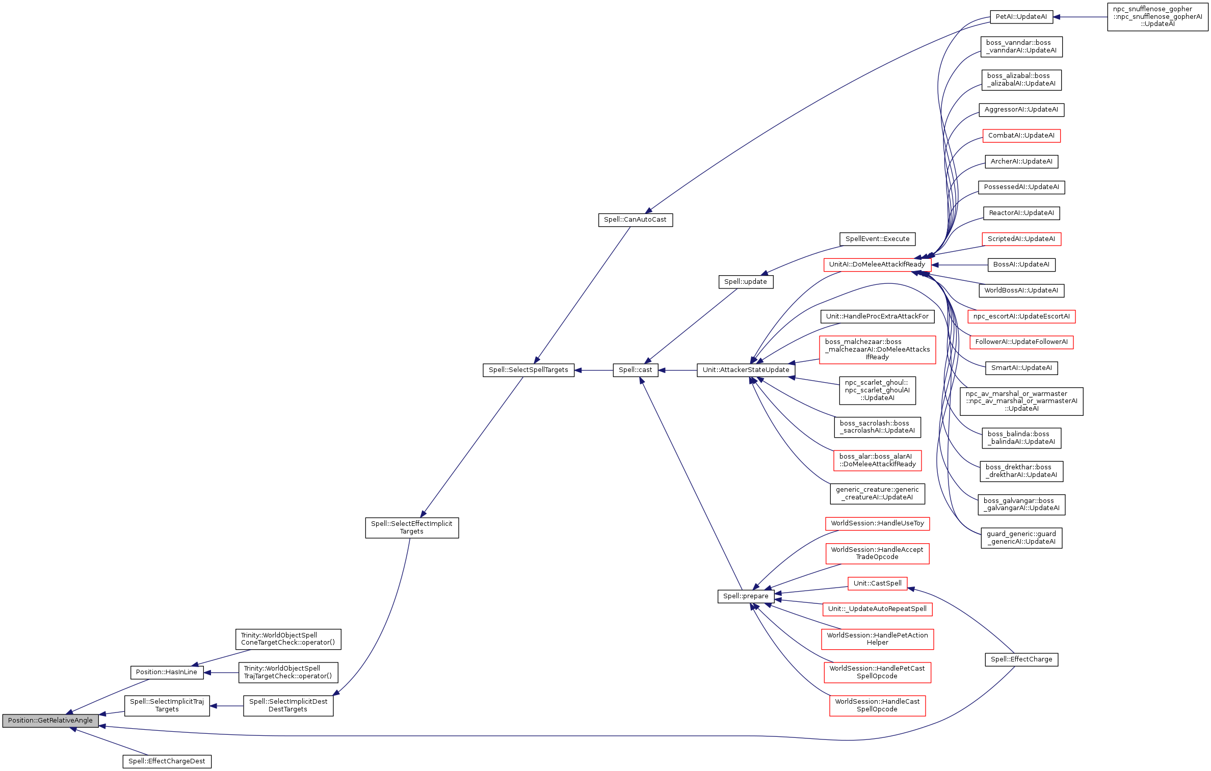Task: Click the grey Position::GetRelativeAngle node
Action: pyautogui.click(x=50, y=721)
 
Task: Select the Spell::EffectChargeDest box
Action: pyautogui.click(x=167, y=761)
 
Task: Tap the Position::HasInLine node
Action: pyautogui.click(x=167, y=672)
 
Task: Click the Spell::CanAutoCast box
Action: pyautogui.click(x=635, y=220)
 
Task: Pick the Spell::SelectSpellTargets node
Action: pyautogui.click(x=528, y=370)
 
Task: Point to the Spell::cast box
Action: pyautogui.click(x=635, y=370)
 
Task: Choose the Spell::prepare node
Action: pyautogui.click(x=746, y=596)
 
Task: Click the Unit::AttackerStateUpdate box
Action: pyautogui.click(x=746, y=370)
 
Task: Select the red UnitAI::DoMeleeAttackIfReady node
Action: pyautogui.click(x=877, y=264)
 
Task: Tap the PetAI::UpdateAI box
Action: pyautogui.click(x=1021, y=17)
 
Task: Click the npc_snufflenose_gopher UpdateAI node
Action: pyautogui.click(x=1157, y=17)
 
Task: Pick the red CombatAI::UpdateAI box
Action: pyautogui.click(x=1021, y=136)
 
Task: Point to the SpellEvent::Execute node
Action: pyautogui.click(x=877, y=239)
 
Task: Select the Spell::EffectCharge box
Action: pyautogui.click(x=1021, y=659)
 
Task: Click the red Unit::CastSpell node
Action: pyautogui.click(x=877, y=583)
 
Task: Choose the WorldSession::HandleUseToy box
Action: pyautogui.click(x=877, y=523)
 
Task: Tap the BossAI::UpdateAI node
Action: pyautogui.click(x=1021, y=264)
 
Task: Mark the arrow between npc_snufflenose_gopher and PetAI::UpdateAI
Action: pyautogui.click(x=1080, y=17)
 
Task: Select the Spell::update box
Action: pyautogui.click(x=746, y=282)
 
